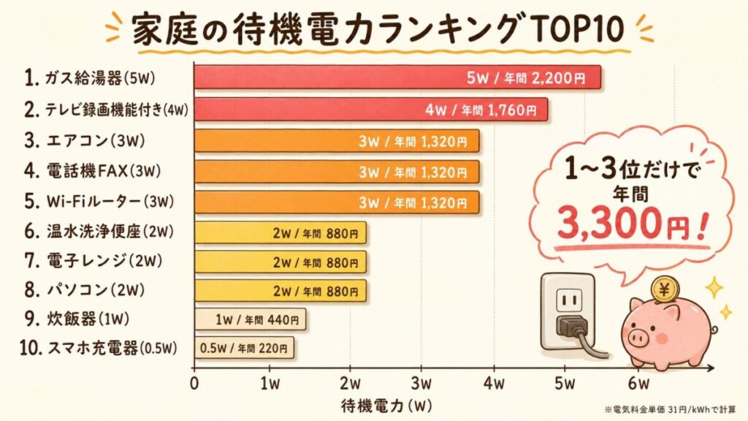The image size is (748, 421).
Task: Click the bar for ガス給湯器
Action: pos(397,77)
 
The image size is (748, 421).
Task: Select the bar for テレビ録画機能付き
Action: pos(370,110)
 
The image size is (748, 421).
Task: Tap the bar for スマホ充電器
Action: pos(244,348)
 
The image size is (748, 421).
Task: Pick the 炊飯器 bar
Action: pos(250,319)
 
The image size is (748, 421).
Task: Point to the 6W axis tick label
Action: pos(638,383)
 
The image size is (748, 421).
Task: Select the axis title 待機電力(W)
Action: pos(387,406)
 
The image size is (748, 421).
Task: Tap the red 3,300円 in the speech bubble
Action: pos(622,224)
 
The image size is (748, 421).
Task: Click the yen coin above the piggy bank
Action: pos(665,289)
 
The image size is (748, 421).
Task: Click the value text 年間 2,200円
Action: pos(544,77)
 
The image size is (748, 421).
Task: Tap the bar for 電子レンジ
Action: pos(280,262)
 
